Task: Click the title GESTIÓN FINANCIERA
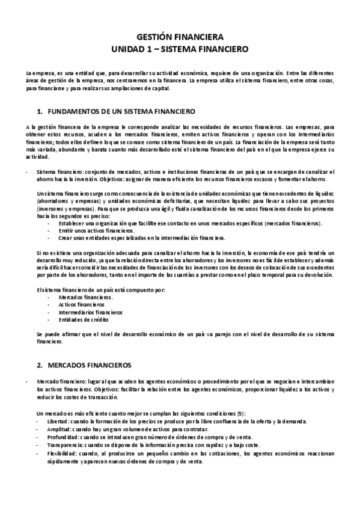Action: click(180, 35)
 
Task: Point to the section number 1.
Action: click(40, 112)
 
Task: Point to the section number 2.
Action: click(40, 365)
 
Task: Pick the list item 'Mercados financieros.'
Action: click(85, 297)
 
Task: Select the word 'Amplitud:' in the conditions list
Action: click(50, 429)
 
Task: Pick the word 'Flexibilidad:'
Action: click(53, 453)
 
